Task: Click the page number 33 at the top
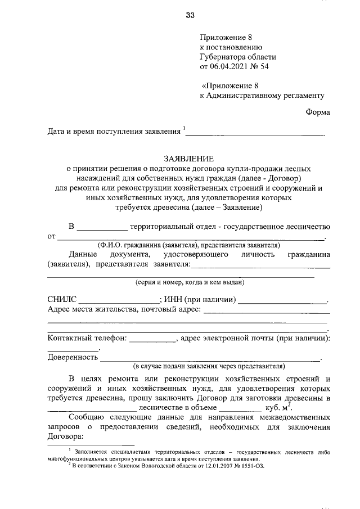(190, 15)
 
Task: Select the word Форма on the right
(318, 112)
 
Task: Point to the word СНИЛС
(62, 299)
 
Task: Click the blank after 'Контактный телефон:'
(153, 340)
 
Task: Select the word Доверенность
(73, 357)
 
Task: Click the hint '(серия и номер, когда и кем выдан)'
(188, 282)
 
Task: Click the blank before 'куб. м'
(240, 409)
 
